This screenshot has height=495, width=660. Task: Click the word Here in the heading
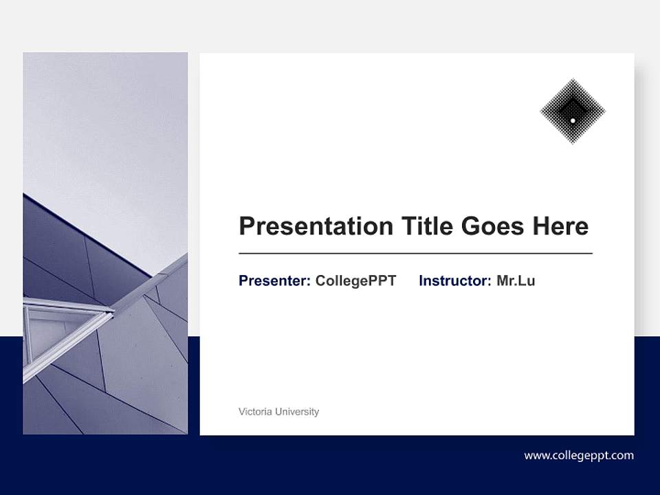560,226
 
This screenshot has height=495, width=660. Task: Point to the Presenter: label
274,280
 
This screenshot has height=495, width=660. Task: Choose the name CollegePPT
355,280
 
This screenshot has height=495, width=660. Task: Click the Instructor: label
455,280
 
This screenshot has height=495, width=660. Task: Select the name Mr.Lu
516,280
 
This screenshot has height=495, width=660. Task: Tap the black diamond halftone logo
573,111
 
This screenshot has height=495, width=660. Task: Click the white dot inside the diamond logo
573,120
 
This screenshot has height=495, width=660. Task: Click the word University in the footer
297,412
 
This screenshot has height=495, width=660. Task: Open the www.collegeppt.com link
579,455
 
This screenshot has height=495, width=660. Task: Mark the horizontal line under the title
415,254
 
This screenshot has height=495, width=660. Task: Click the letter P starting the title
247,226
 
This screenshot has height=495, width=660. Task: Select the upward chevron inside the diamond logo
573,107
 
